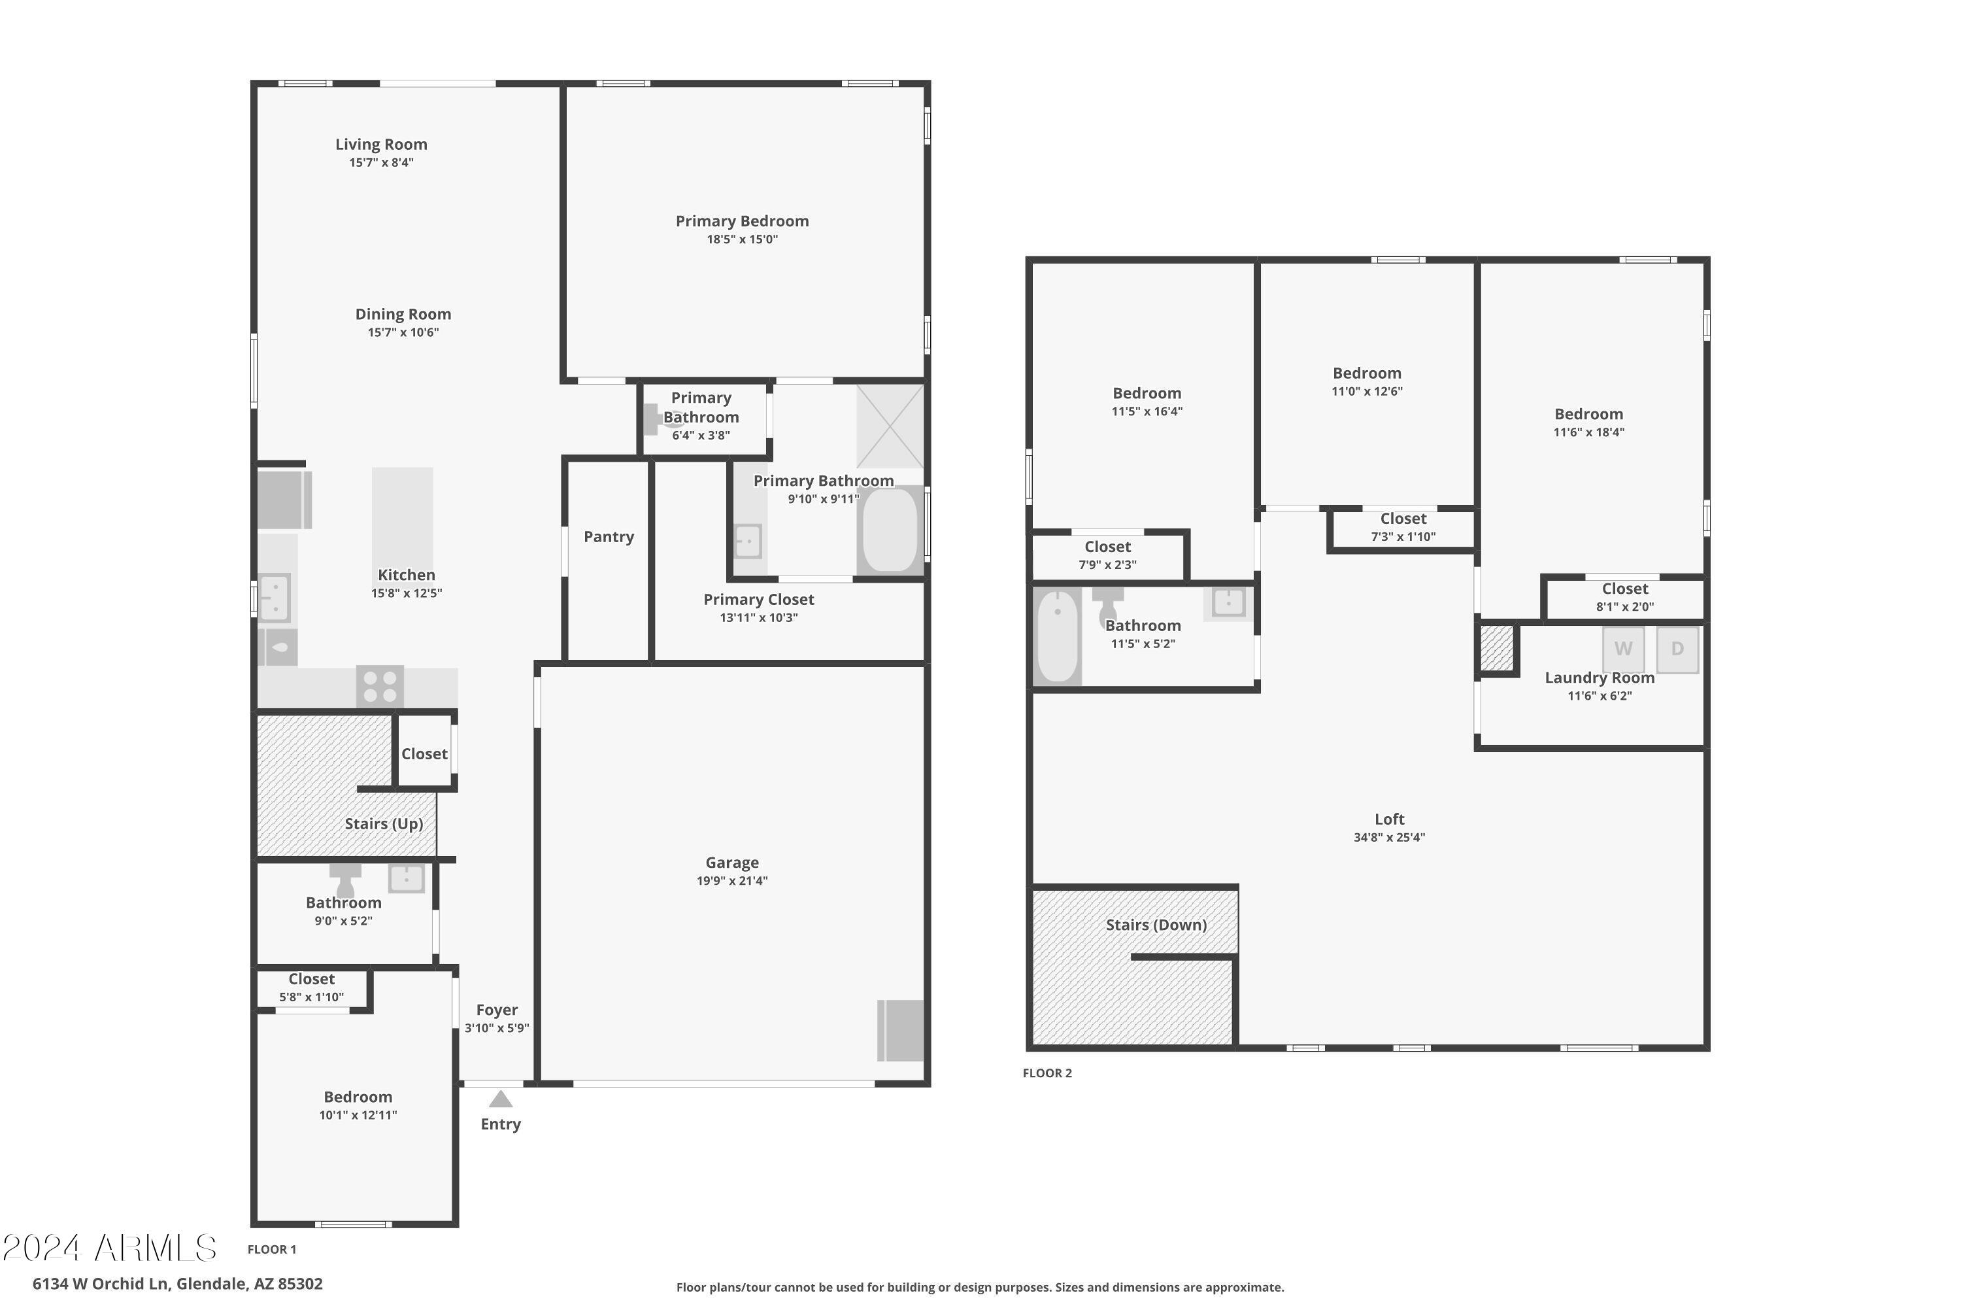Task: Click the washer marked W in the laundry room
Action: click(x=1622, y=649)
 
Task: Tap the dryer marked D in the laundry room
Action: click(x=1677, y=649)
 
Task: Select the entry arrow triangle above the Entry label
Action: click(x=500, y=1099)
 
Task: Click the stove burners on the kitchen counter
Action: click(x=380, y=687)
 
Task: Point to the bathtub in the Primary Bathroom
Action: click(x=890, y=531)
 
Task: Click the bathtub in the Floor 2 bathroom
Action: click(x=1057, y=636)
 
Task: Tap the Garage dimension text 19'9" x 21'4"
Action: click(x=732, y=881)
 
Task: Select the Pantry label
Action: click(x=609, y=537)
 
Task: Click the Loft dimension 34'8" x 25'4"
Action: click(x=1389, y=838)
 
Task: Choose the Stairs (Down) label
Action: click(x=1156, y=925)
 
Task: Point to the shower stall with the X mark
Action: click(x=890, y=426)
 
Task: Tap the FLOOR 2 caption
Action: click(x=1047, y=1074)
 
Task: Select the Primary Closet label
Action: click(x=758, y=600)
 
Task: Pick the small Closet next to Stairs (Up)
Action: click(x=424, y=754)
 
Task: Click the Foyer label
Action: click(x=497, y=1010)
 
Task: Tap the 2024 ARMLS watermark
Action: click(x=110, y=1248)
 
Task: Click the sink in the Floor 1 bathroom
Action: click(x=406, y=878)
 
